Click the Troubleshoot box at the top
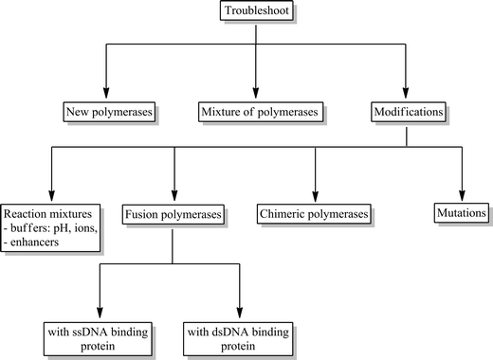(x=253, y=12)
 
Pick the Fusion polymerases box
(x=173, y=215)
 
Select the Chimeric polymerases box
(x=314, y=215)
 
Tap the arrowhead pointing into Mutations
(x=462, y=195)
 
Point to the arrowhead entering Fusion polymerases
(x=173, y=195)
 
